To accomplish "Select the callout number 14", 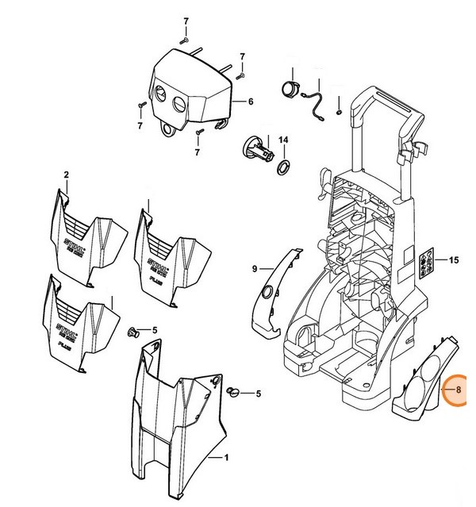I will (x=283, y=140).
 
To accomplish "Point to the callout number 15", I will (x=454, y=260).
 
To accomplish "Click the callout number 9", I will (x=255, y=270).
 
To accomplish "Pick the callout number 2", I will (x=67, y=175).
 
